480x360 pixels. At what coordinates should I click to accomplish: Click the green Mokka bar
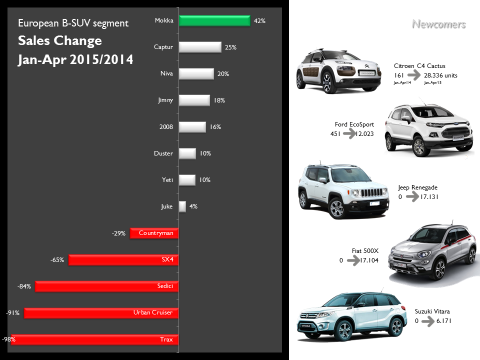(x=214, y=21)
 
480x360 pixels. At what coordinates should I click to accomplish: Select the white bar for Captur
(x=199, y=47)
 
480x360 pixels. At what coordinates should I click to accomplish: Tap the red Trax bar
(x=95, y=339)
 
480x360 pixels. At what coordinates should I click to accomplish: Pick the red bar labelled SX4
(x=123, y=260)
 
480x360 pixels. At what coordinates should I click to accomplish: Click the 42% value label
(x=259, y=21)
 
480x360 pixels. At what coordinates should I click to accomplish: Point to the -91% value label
(x=12, y=313)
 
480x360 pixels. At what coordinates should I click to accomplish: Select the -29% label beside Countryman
(x=118, y=233)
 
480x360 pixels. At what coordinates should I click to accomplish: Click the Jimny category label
(x=165, y=100)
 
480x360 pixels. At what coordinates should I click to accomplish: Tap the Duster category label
(x=163, y=153)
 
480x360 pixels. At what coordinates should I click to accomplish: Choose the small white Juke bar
(x=182, y=206)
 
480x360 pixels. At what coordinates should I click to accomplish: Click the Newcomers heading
(x=438, y=24)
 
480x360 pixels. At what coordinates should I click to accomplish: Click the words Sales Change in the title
(x=59, y=40)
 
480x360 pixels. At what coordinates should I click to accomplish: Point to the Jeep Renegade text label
(x=417, y=187)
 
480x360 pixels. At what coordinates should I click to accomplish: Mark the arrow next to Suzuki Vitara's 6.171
(x=427, y=321)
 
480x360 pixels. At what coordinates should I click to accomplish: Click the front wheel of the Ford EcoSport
(x=417, y=146)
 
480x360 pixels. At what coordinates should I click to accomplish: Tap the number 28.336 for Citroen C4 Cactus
(x=434, y=75)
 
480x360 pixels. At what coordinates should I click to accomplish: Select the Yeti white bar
(x=186, y=180)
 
